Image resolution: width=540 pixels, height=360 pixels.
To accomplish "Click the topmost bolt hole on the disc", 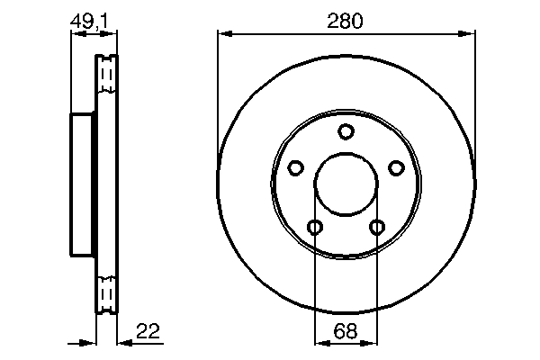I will pyautogui.click(x=346, y=132).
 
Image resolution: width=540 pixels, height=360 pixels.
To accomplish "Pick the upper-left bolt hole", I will pyautogui.click(x=295, y=168).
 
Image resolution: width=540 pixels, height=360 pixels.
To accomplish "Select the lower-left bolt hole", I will pyautogui.click(x=314, y=227).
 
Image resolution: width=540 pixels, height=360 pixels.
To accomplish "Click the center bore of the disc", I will pyautogui.click(x=346, y=184).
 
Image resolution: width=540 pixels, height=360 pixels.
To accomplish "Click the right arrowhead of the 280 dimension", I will pyautogui.click(x=467, y=34).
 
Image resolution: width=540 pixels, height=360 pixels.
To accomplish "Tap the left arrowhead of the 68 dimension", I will pyautogui.click(x=320, y=342).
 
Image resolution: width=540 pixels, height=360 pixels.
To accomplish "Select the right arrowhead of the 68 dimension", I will pyautogui.click(x=371, y=342).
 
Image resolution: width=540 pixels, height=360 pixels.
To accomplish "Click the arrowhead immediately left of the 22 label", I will pyautogui.click(x=124, y=342).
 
